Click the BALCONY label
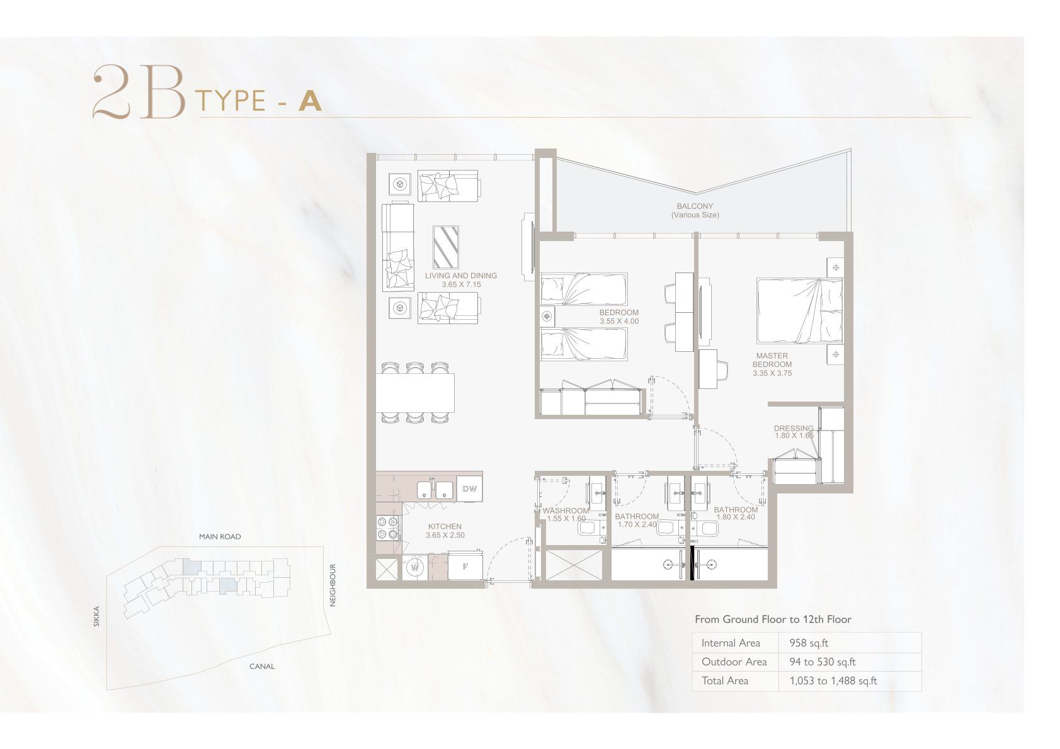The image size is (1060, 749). (695, 206)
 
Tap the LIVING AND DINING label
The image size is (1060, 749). (461, 276)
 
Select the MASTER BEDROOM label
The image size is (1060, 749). (772, 360)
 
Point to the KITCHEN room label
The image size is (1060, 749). (445, 526)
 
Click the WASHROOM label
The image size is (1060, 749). (566, 510)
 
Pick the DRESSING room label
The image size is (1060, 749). (794, 429)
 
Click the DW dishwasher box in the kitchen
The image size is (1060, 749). (469, 489)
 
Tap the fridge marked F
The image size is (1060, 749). (465, 566)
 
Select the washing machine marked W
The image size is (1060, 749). (415, 568)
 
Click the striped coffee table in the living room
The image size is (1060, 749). (446, 247)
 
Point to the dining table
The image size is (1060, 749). (416, 393)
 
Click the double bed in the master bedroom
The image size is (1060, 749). (800, 311)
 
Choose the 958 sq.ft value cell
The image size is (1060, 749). (809, 643)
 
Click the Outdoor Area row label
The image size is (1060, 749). (734, 662)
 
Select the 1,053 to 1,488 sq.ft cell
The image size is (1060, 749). (833, 681)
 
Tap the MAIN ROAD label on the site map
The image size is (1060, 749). (220, 537)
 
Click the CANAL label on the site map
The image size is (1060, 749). (261, 667)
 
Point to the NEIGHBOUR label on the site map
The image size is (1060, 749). (332, 585)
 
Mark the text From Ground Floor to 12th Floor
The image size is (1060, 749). (773, 619)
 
